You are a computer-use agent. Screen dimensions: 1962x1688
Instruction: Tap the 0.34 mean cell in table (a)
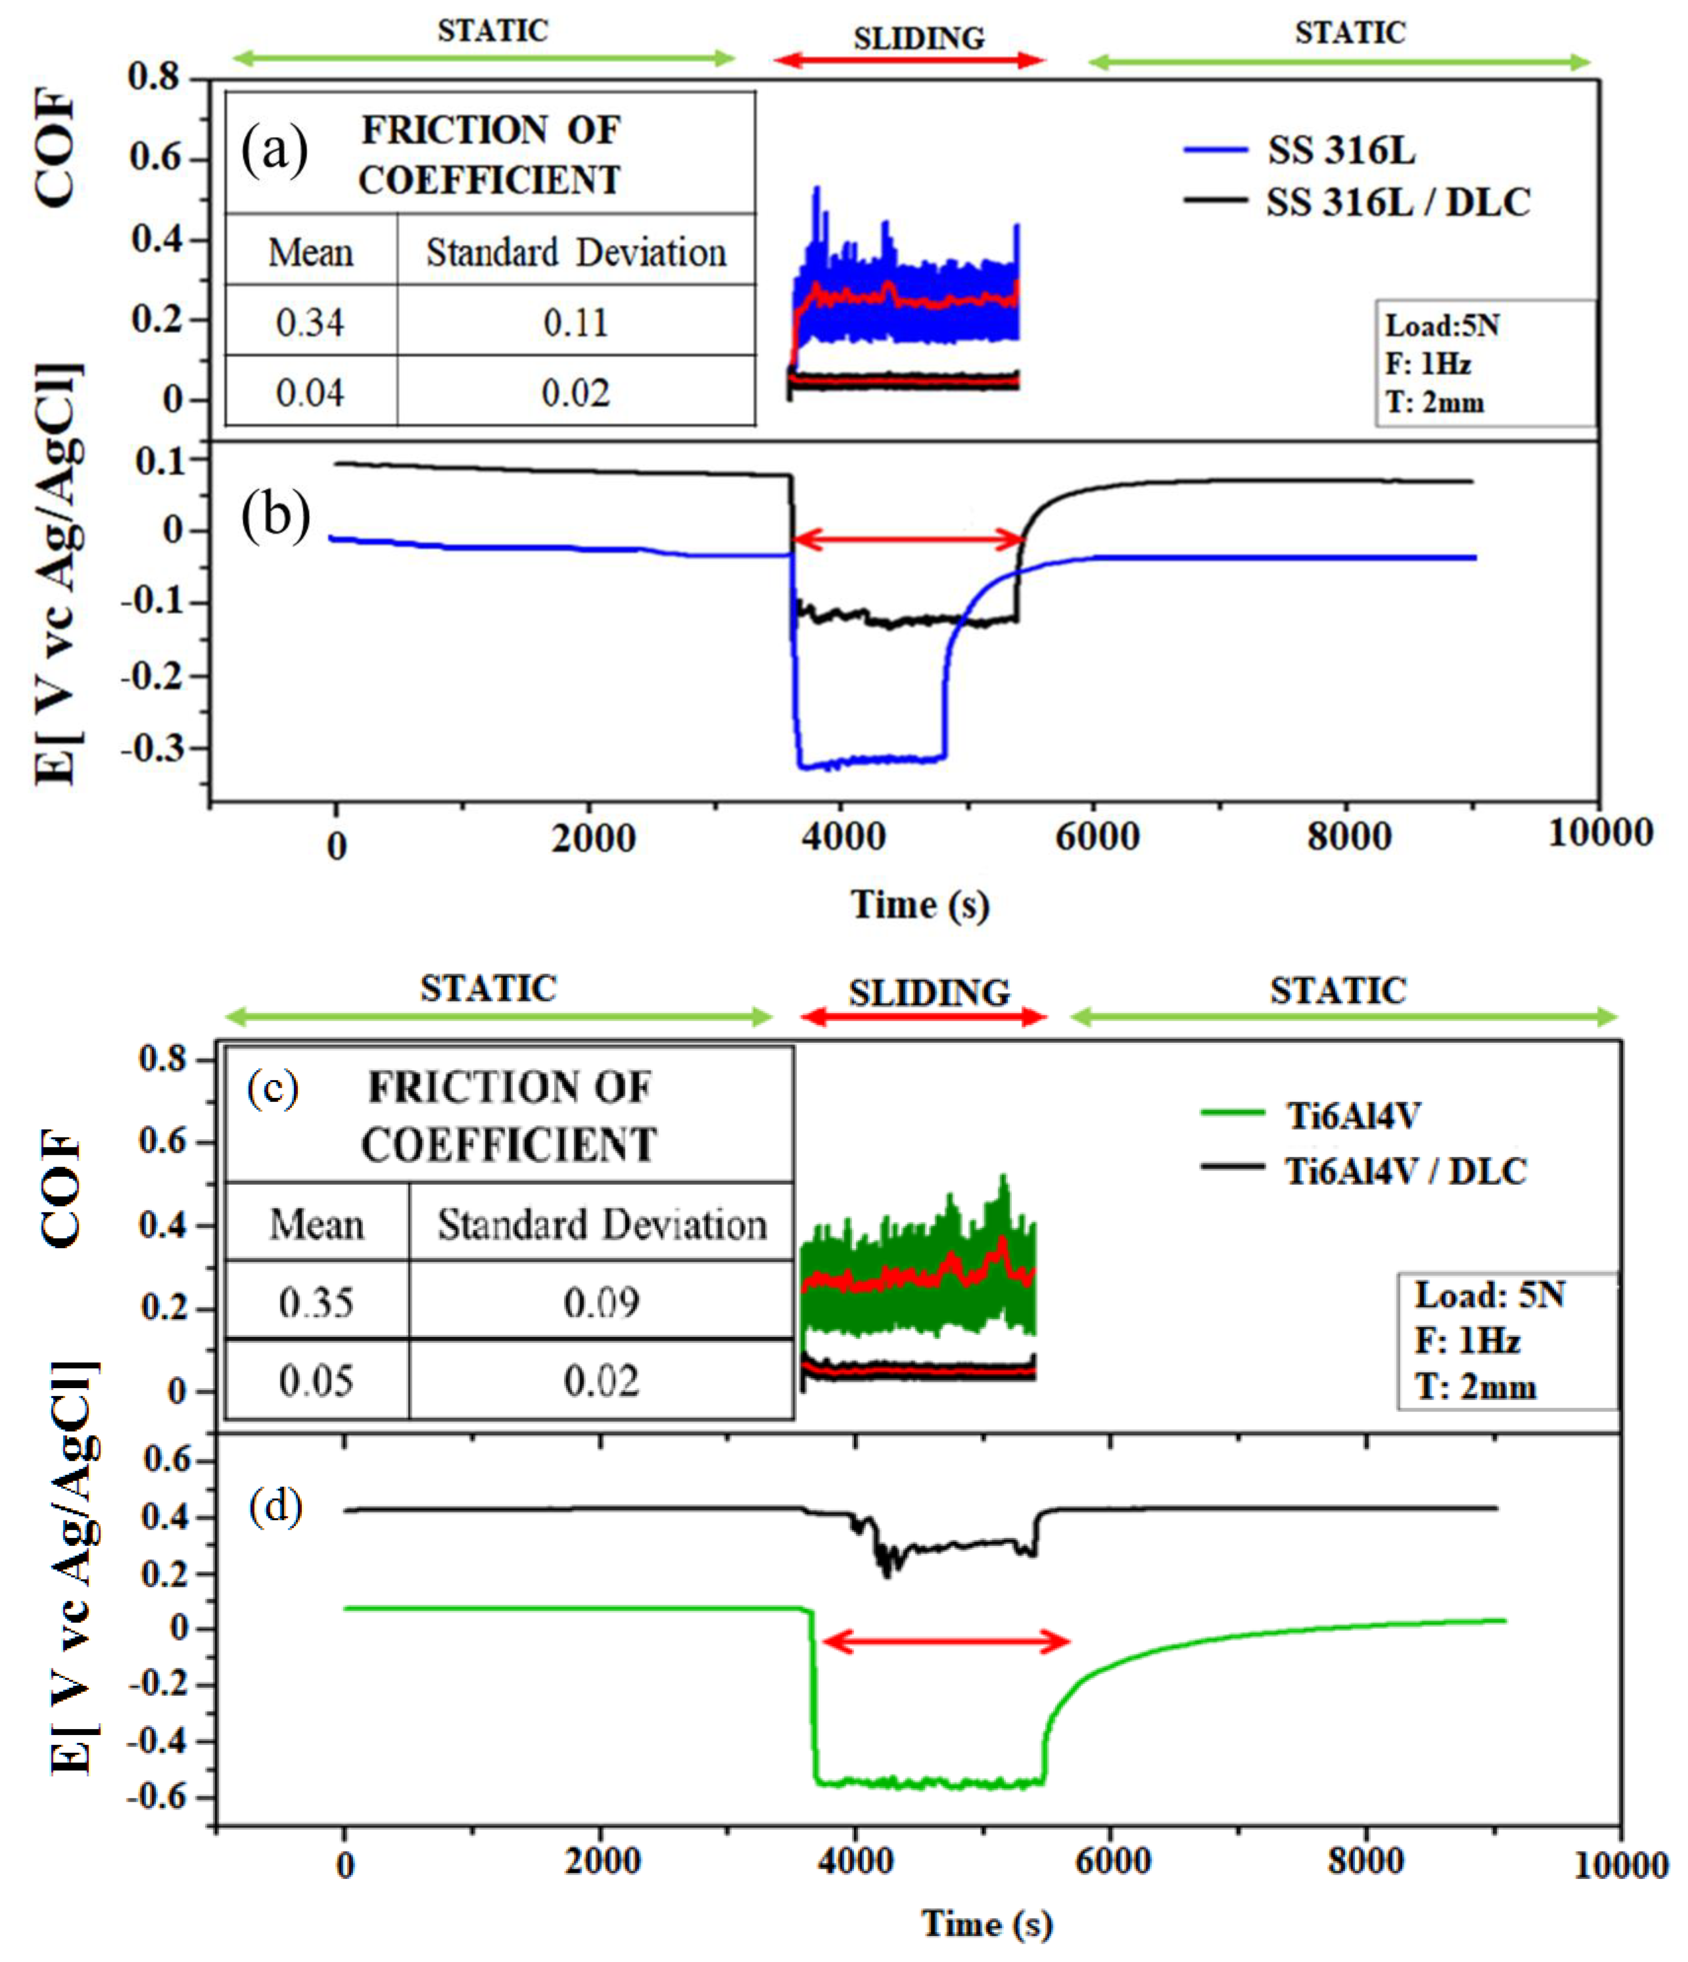click(x=310, y=323)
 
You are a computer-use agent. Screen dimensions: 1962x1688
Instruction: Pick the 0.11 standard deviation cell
click(x=575, y=323)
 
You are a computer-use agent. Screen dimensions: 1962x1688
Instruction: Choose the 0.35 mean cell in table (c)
click(x=316, y=1303)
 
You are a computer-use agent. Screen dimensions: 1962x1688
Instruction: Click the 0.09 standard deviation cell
click(x=602, y=1303)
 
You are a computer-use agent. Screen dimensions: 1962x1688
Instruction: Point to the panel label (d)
click(x=276, y=1505)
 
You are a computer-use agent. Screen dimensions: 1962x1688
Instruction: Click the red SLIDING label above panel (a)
click(x=918, y=38)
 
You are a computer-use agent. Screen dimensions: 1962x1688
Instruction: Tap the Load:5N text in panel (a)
click(x=1442, y=326)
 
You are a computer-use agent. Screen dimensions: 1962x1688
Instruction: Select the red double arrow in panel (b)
click(x=907, y=541)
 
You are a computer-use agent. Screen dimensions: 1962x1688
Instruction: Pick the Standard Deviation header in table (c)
click(x=602, y=1224)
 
